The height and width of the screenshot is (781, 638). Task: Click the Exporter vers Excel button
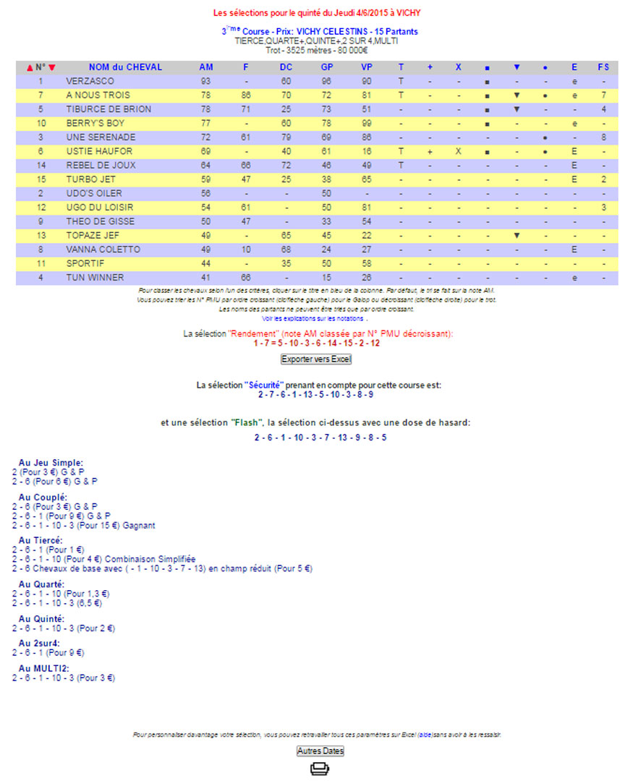316,359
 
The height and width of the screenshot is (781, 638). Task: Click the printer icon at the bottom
319,769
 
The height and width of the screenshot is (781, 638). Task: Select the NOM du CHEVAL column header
125,67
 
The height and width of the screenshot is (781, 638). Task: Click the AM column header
206,67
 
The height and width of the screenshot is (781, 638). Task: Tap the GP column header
327,67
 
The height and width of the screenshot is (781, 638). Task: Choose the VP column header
367,67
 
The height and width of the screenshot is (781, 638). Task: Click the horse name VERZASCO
90,81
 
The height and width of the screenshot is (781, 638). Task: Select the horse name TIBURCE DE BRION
109,109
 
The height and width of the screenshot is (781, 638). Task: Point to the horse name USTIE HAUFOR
99,151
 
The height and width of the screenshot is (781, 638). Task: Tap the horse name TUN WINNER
95,278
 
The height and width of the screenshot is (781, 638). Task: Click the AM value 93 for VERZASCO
206,81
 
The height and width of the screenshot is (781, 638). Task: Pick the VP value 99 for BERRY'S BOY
367,123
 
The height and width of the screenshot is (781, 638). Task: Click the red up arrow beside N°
30,68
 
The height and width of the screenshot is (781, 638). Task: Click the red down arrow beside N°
52,68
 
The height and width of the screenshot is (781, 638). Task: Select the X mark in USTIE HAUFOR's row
458,151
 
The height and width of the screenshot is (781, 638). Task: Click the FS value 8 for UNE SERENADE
603,137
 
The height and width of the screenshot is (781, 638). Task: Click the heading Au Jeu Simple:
51,463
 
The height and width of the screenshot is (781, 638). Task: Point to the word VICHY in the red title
409,13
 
